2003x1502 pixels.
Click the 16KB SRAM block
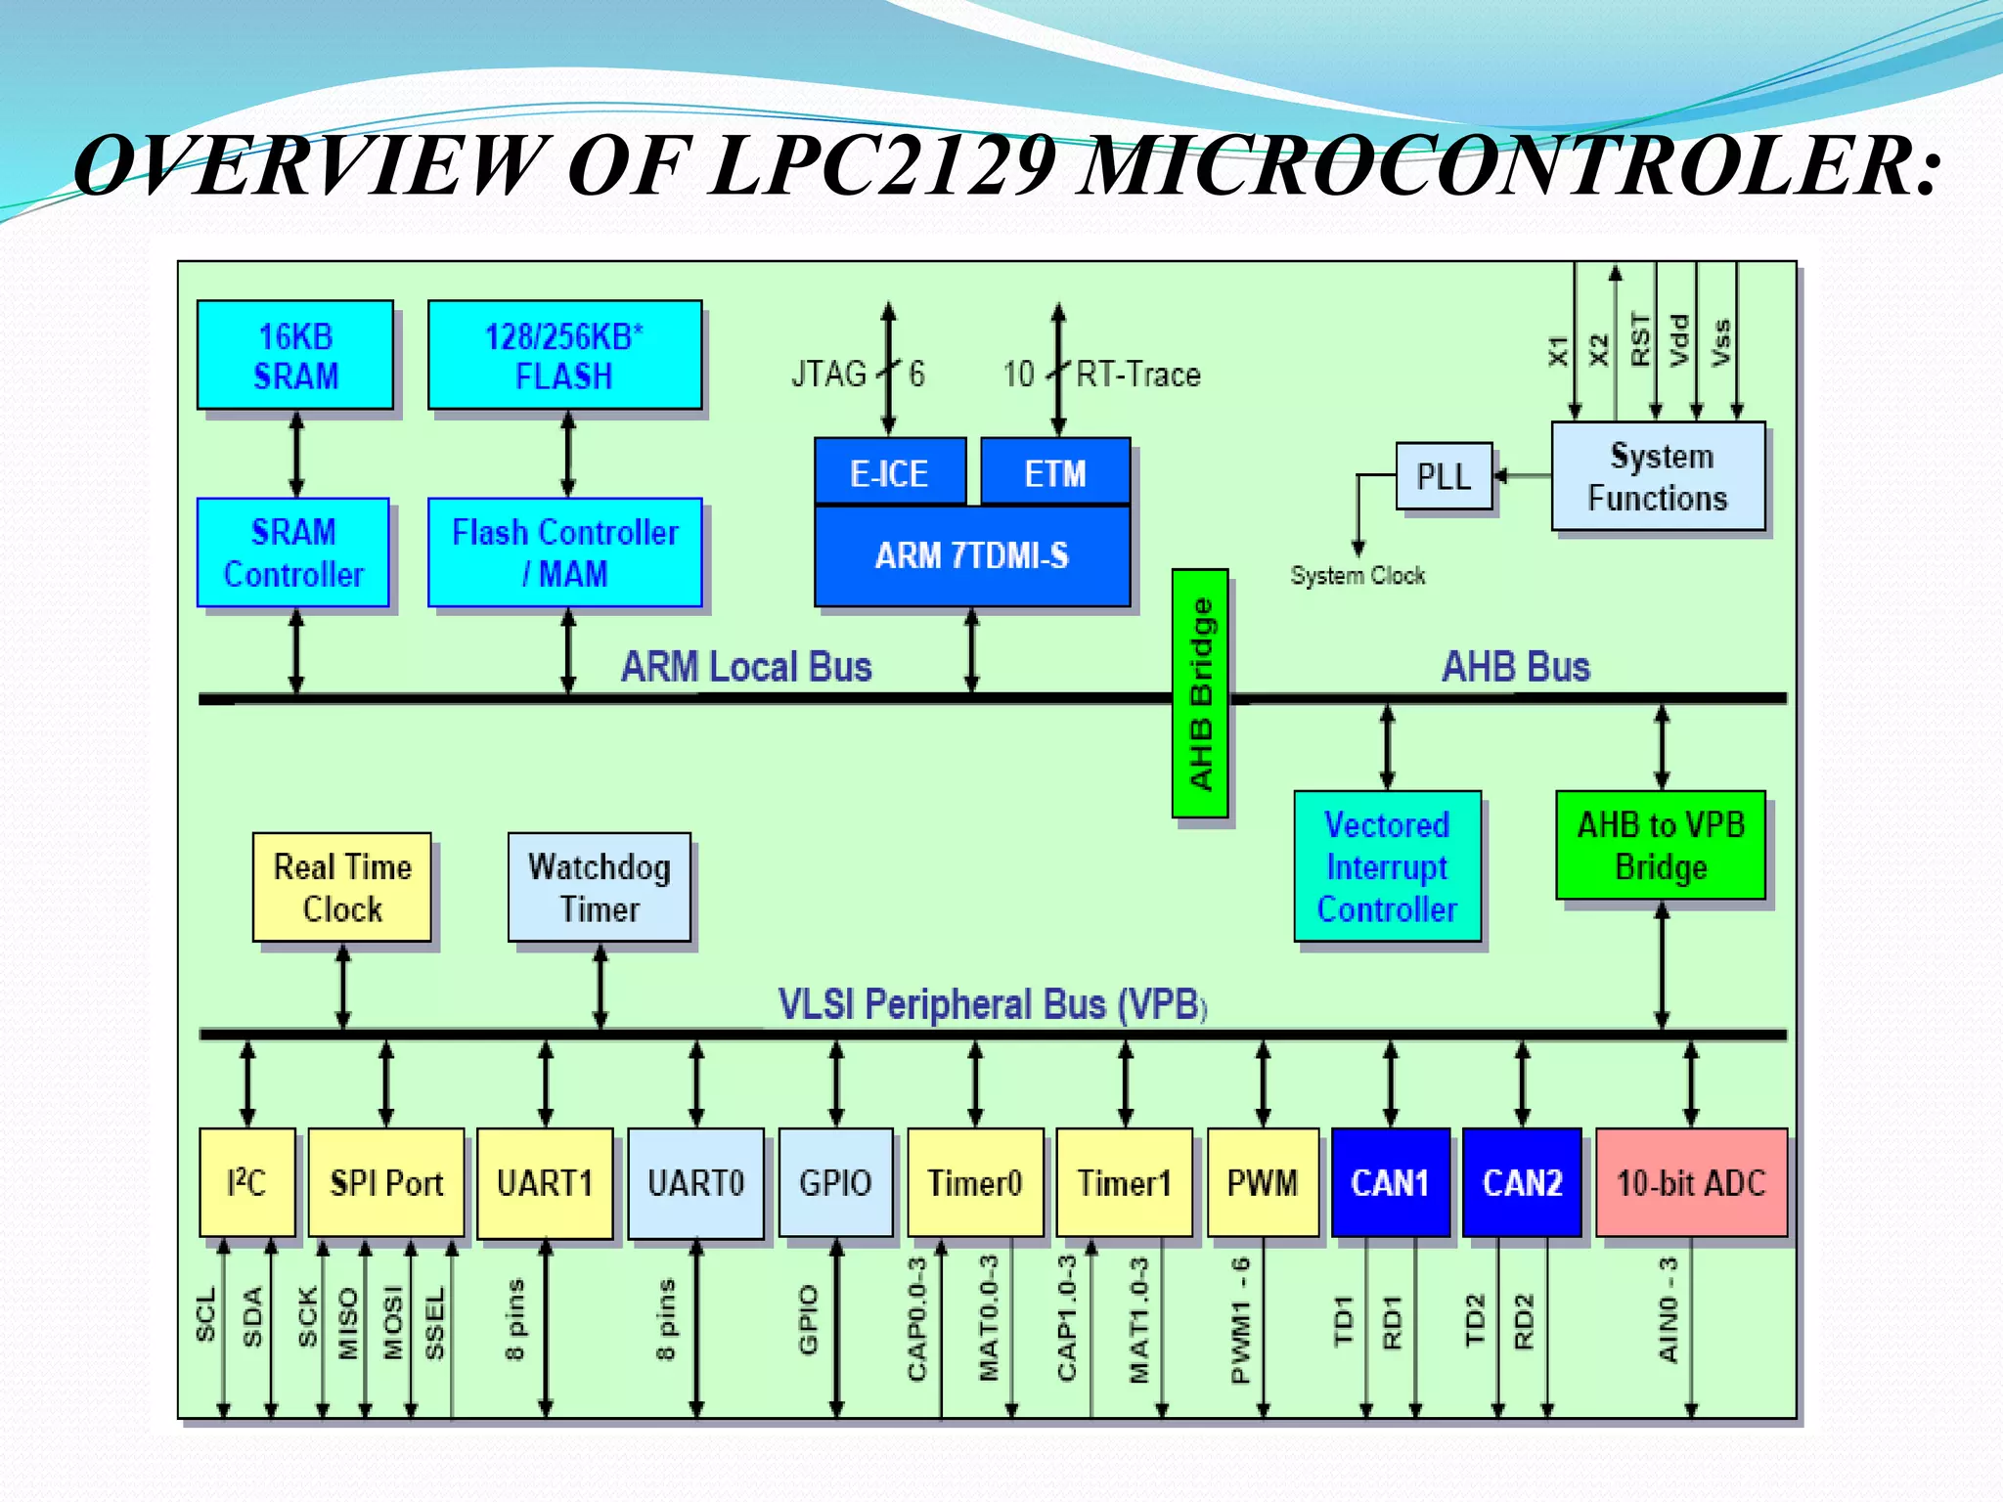pyautogui.click(x=294, y=355)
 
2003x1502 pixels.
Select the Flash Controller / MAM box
pyautogui.click(x=564, y=552)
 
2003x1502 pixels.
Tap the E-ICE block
pyautogui.click(x=889, y=473)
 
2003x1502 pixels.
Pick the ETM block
pyautogui.click(x=1054, y=473)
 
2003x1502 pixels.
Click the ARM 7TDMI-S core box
pyautogui.click(x=971, y=555)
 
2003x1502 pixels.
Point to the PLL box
pyautogui.click(x=1444, y=476)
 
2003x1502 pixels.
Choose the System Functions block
pyautogui.click(x=1658, y=477)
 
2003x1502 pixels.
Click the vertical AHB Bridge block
pyautogui.click(x=1200, y=693)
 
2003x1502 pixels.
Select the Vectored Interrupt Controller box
pyautogui.click(x=1387, y=866)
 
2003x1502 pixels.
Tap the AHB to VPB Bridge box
pyautogui.click(x=1661, y=846)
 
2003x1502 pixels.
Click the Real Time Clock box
pyautogui.click(x=342, y=888)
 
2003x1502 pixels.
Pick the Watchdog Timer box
pyautogui.click(x=600, y=888)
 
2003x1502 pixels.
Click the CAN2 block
pyautogui.click(x=1522, y=1183)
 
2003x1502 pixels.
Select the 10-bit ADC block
pyautogui.click(x=1691, y=1183)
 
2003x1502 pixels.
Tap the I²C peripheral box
pyautogui.click(x=246, y=1183)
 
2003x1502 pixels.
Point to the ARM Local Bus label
pyautogui.click(x=746, y=667)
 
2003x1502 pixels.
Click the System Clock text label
pyautogui.click(x=1358, y=576)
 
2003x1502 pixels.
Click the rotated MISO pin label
pyautogui.click(x=347, y=1323)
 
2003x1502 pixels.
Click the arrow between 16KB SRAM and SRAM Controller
pyautogui.click(x=296, y=454)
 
